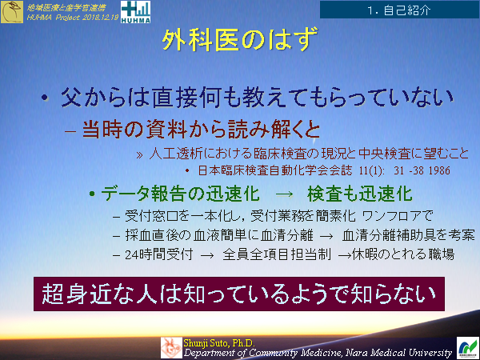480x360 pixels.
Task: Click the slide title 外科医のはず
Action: tap(240, 40)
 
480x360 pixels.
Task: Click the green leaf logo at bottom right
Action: tap(467, 346)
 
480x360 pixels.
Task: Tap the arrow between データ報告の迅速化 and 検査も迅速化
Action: tap(284, 194)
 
